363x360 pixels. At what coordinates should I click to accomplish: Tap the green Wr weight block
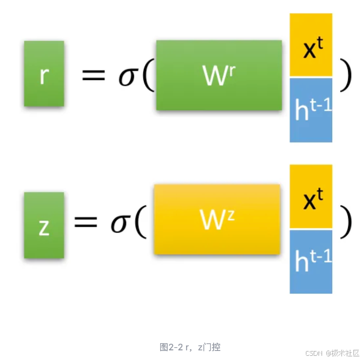[219, 75]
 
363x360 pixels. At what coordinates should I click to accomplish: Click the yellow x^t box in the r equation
[311, 46]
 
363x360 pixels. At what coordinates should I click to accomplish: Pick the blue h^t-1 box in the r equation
[311, 110]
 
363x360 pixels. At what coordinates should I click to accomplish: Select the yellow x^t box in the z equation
[311, 197]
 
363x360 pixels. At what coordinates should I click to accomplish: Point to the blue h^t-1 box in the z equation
[311, 261]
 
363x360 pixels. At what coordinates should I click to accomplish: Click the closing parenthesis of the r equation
[345, 75]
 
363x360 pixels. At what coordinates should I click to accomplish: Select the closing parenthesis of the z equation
[345, 221]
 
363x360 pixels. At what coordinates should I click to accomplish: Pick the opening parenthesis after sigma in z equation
[140, 222]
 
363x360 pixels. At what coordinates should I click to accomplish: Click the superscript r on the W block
[231, 68]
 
